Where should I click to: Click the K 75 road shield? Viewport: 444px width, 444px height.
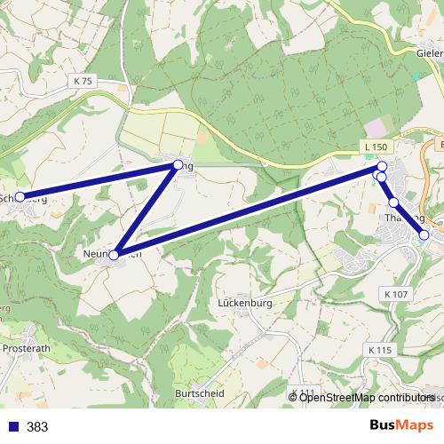(83, 81)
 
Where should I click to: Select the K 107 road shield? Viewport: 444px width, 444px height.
(397, 293)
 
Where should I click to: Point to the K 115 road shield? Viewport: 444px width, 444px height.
(379, 351)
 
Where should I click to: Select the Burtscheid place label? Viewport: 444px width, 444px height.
(199, 392)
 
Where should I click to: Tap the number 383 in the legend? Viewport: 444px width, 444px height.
(37, 427)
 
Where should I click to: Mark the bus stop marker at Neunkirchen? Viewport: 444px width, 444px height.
(114, 255)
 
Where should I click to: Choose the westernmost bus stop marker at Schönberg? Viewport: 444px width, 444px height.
(19, 197)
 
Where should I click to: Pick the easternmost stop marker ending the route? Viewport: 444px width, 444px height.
(424, 235)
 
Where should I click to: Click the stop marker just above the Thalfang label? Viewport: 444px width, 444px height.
(393, 202)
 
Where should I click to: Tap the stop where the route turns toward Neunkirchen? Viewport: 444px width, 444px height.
(178, 164)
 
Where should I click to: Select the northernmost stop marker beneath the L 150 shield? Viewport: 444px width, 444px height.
(383, 166)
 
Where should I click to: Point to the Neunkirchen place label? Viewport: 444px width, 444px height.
(112, 254)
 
